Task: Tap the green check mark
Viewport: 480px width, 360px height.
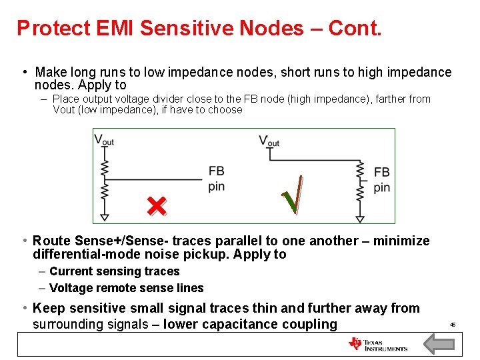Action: click(293, 195)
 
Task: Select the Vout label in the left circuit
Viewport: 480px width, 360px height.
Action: click(103, 140)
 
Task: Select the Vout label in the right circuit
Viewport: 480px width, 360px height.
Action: click(269, 141)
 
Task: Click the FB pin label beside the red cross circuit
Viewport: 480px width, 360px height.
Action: click(216, 179)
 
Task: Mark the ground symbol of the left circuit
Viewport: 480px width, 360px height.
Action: click(104, 217)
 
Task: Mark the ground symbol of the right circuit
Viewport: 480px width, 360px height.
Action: click(360, 218)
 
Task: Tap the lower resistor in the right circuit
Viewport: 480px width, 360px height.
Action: click(360, 193)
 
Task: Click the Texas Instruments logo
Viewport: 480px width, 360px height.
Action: click(378, 344)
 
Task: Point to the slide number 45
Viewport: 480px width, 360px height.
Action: click(453, 325)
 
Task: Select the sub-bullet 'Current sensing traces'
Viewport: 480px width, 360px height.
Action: click(115, 271)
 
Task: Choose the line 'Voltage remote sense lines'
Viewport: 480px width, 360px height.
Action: click(127, 288)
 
